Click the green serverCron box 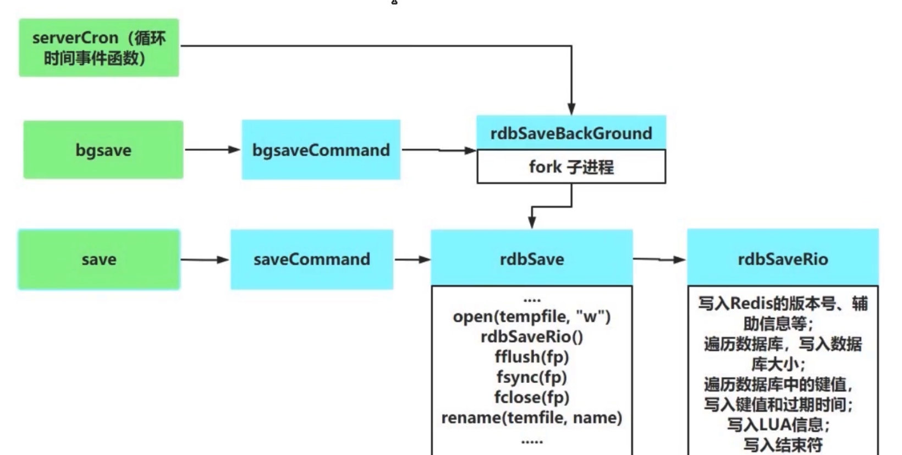point(99,48)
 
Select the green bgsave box point(103,150)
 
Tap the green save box point(99,259)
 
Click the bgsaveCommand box point(321,150)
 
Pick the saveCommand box point(312,259)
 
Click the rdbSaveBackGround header point(571,133)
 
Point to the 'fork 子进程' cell point(571,167)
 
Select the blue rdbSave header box point(532,259)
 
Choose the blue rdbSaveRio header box point(783,259)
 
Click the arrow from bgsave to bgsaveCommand point(212,149)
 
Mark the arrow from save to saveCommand point(205,259)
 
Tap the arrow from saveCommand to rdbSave point(413,259)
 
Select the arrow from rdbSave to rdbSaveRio point(659,259)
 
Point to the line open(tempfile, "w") point(532,317)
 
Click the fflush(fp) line point(532,357)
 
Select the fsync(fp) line point(532,377)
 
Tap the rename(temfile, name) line point(532,418)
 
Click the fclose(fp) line point(532,397)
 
